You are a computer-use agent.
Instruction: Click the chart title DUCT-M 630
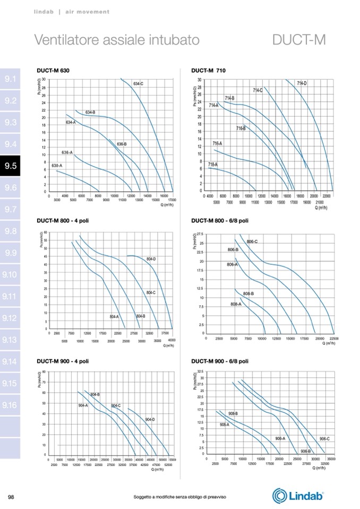tap(54, 70)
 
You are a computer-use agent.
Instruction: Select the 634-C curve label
tap(138, 84)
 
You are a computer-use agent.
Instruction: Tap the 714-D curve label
tap(302, 83)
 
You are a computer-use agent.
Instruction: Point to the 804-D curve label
tap(151, 259)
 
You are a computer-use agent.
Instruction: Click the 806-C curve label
tap(252, 242)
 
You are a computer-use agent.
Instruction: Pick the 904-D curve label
tap(150, 419)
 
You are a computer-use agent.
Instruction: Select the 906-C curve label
tap(324, 438)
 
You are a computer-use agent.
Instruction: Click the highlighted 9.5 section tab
tap(11, 166)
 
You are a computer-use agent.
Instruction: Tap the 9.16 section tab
tap(11, 406)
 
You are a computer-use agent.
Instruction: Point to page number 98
tap(11, 497)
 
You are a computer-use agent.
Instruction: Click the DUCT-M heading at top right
tap(298, 40)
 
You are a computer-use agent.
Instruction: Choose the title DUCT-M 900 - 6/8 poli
tap(219, 361)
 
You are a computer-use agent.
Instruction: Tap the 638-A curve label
tap(57, 166)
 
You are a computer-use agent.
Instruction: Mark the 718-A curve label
tap(212, 165)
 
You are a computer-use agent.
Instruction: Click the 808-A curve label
tap(236, 304)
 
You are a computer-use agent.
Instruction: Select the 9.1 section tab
tap(11, 79)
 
